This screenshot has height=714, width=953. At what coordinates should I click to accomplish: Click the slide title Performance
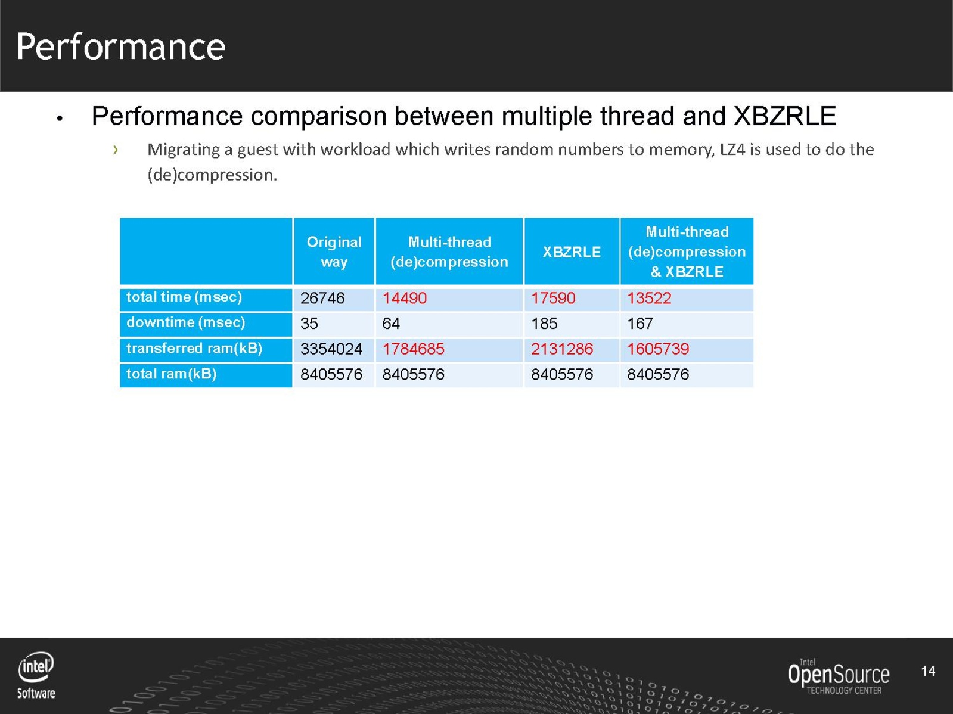120,46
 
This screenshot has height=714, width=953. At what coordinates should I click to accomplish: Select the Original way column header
334,252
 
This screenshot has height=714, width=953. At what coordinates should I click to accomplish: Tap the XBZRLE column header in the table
571,252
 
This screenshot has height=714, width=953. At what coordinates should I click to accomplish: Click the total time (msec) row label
184,297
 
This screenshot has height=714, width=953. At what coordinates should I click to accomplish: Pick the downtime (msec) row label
185,322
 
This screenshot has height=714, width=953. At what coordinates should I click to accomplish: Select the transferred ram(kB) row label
194,348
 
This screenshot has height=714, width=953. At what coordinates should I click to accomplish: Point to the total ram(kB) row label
171,374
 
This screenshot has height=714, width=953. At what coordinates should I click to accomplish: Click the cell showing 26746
322,298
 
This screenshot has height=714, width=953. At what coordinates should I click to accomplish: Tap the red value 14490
404,298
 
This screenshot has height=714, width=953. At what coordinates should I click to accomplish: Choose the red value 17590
552,298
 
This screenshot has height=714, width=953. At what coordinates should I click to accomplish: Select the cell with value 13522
648,298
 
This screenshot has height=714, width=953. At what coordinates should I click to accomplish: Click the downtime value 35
309,324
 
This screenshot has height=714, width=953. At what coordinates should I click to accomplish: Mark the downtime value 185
544,324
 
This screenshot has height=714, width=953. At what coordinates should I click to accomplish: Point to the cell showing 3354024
331,349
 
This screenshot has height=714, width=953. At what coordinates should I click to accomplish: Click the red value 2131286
561,349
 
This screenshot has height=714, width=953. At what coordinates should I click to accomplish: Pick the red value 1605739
657,349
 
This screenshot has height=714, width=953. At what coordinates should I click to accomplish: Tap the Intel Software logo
36,675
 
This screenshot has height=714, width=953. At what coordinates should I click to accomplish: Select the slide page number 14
927,671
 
